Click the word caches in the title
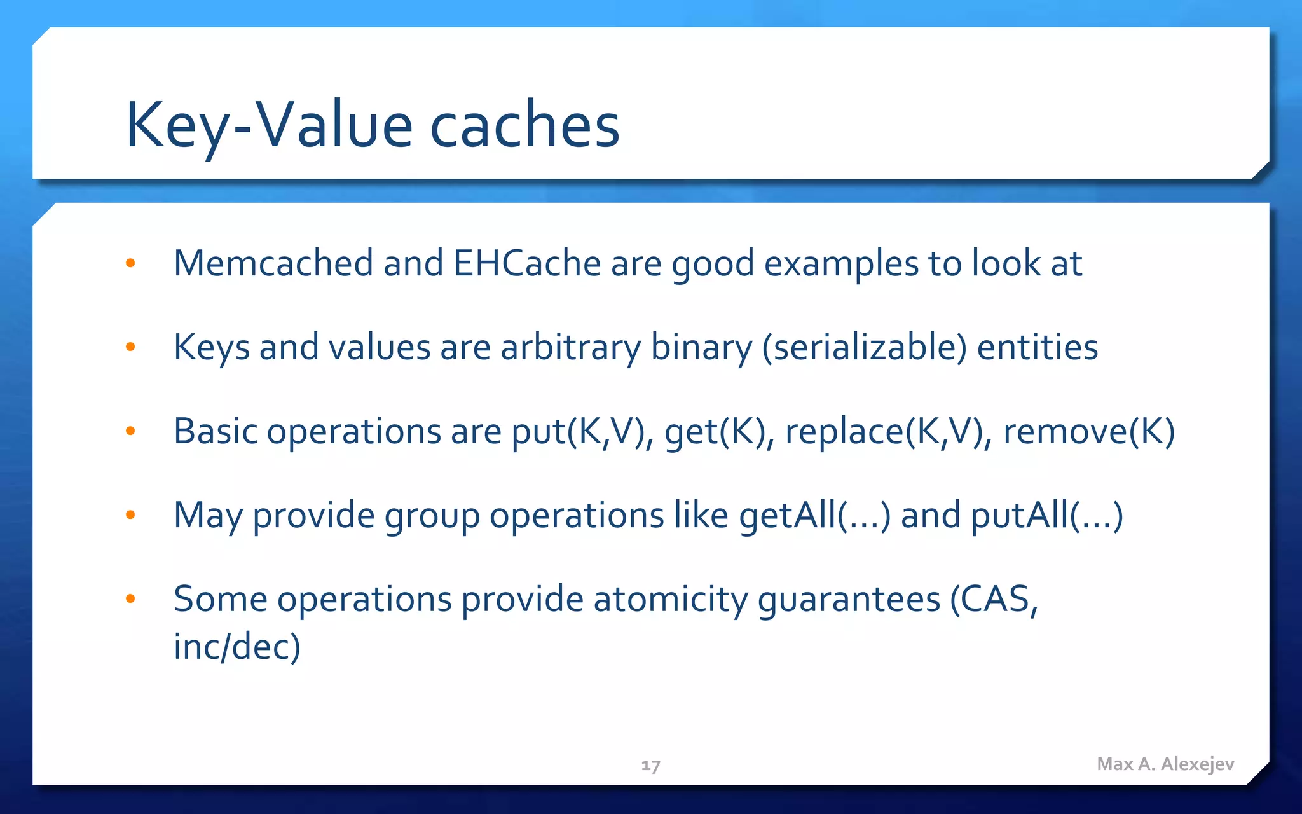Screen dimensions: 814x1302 tap(524, 125)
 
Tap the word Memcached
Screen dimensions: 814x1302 tap(273, 263)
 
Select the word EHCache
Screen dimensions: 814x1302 tap(526, 263)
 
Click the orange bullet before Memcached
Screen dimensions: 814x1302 tap(130, 263)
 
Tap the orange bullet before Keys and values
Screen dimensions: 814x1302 tap(130, 347)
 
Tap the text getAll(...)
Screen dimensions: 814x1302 tap(814, 515)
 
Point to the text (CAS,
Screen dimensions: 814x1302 tap(994, 599)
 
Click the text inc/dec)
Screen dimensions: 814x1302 tap(236, 647)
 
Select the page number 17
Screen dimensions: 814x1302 tap(650, 766)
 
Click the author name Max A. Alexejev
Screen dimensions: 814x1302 tap(1165, 764)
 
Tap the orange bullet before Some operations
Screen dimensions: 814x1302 tap(130, 598)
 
